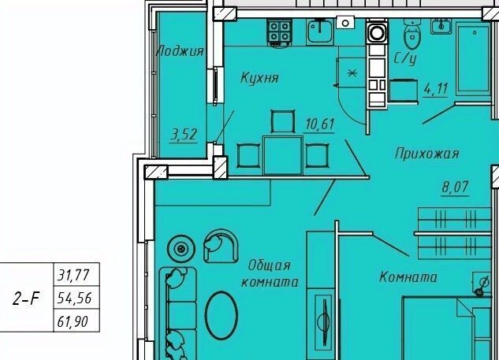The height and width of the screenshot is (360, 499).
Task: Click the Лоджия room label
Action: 180,51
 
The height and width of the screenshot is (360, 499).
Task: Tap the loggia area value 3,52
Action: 184,135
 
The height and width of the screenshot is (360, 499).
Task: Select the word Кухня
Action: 259,78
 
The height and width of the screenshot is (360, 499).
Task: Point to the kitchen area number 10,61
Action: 320,124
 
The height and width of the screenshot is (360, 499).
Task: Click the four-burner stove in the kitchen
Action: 279,32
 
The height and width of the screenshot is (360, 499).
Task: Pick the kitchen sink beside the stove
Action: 320,32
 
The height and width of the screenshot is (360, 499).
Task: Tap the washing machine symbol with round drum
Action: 377,32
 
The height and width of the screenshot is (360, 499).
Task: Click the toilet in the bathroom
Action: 412,34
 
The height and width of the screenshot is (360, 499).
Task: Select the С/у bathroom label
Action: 405,58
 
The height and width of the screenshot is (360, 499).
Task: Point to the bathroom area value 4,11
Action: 435,89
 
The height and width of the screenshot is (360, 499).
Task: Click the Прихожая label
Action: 426,154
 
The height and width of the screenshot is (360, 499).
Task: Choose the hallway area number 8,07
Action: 456,187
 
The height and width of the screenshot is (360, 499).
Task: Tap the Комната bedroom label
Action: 408,277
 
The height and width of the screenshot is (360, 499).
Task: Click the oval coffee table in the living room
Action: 222,315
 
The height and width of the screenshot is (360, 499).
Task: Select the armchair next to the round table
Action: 221,246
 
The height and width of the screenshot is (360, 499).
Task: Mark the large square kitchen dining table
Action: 282,155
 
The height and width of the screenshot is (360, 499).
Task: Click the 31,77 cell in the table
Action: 76,275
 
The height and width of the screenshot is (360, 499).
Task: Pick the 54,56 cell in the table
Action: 76,298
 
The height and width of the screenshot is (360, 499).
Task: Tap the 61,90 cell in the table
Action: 76,321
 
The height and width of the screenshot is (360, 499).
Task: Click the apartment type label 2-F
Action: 26,299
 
